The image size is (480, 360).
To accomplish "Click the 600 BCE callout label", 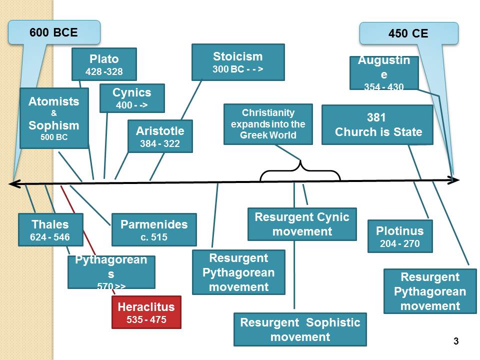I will [x=54, y=32].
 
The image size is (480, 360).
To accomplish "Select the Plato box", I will [x=104, y=64].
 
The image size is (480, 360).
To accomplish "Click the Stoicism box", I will [x=238, y=62].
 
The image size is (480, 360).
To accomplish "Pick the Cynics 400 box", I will [x=132, y=98].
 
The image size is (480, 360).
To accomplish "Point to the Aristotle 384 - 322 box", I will [x=160, y=136].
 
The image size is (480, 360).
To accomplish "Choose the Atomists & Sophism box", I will [x=54, y=118].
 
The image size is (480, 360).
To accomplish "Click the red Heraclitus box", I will [x=146, y=312].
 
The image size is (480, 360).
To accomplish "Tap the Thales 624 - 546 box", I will [x=50, y=229].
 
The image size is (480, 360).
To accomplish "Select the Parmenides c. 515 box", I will [x=154, y=229].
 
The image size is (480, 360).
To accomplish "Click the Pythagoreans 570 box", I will [x=111, y=272].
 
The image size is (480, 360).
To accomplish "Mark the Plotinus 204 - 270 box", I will [x=399, y=236].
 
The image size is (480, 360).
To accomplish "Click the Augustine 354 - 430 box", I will [x=384, y=72].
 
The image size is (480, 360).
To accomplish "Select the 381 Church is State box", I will [x=377, y=124].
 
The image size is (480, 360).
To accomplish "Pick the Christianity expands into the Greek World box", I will [x=268, y=124].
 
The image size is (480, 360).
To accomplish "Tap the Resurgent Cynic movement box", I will [x=302, y=224].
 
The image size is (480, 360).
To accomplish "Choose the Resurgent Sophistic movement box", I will [x=300, y=329].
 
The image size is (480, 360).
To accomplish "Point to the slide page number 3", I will [x=455, y=341].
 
